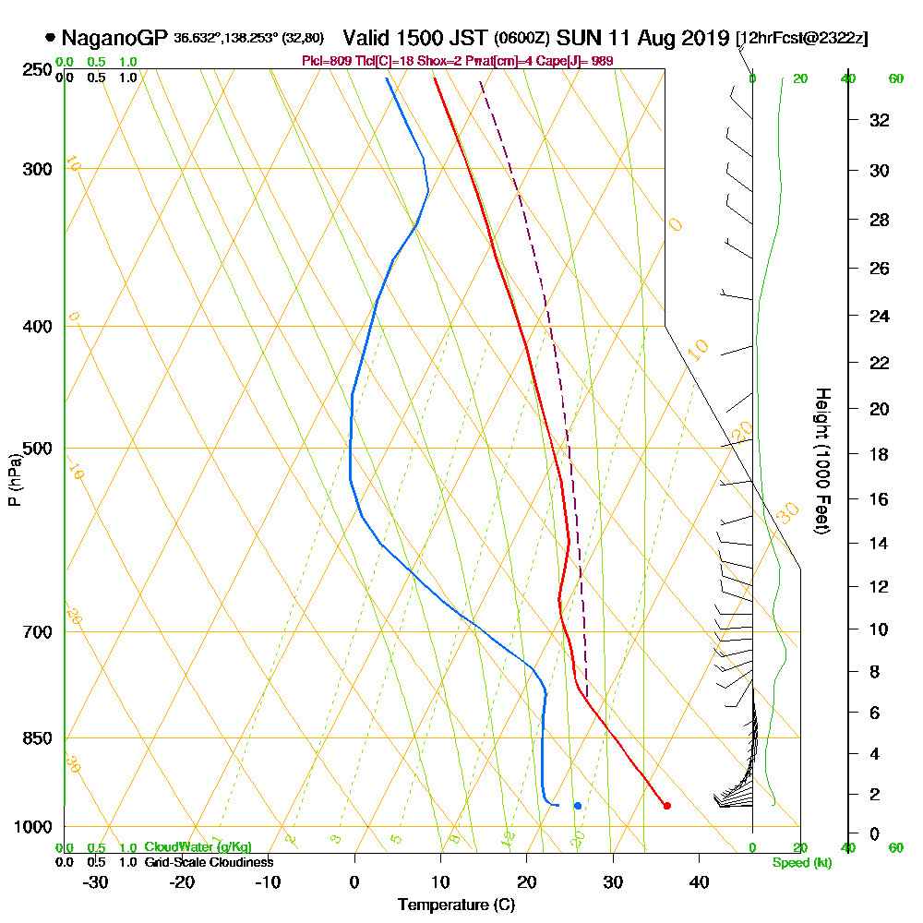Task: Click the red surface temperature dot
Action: click(667, 806)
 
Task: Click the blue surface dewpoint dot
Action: click(578, 806)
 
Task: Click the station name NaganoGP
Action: click(114, 39)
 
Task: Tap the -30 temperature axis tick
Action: click(95, 881)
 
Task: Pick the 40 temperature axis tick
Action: click(699, 881)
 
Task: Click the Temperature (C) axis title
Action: click(456, 905)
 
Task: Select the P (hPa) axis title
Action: click(14, 479)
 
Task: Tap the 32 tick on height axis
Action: click(879, 120)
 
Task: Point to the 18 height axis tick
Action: click(879, 454)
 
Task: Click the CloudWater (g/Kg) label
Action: click(198, 847)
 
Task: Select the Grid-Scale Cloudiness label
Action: click(209, 862)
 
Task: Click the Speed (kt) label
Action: click(798, 862)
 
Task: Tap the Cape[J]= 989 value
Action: click(577, 61)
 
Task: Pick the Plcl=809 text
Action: click(328, 61)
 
